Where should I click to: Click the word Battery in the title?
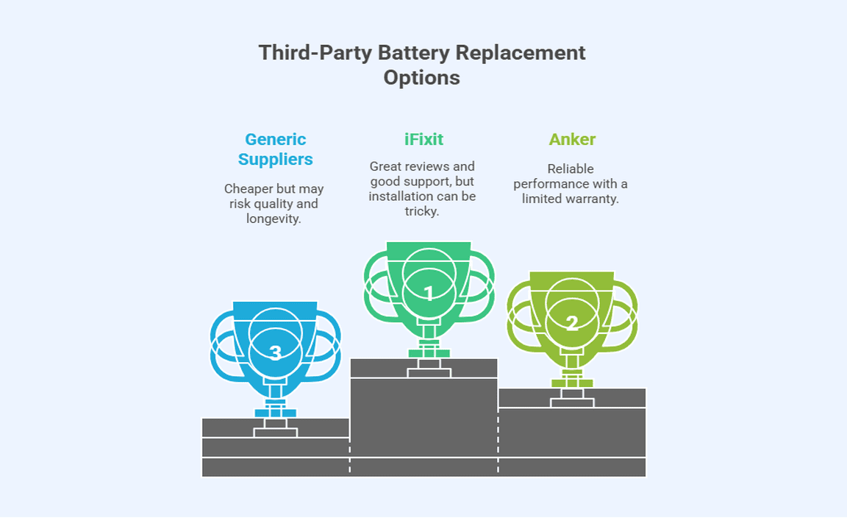(413, 53)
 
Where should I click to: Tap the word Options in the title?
(422, 77)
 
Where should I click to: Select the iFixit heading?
(423, 139)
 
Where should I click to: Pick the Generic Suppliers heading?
(275, 149)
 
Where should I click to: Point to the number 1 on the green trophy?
(429, 294)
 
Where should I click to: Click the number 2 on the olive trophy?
(571, 322)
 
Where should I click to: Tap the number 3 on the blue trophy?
(276, 353)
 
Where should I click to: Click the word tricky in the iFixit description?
(422, 211)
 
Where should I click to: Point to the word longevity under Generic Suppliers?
(274, 219)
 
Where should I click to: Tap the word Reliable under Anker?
(571, 169)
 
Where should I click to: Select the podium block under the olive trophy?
(572, 430)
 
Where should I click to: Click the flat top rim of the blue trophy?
(275, 307)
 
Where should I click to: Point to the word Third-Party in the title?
(315, 53)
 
